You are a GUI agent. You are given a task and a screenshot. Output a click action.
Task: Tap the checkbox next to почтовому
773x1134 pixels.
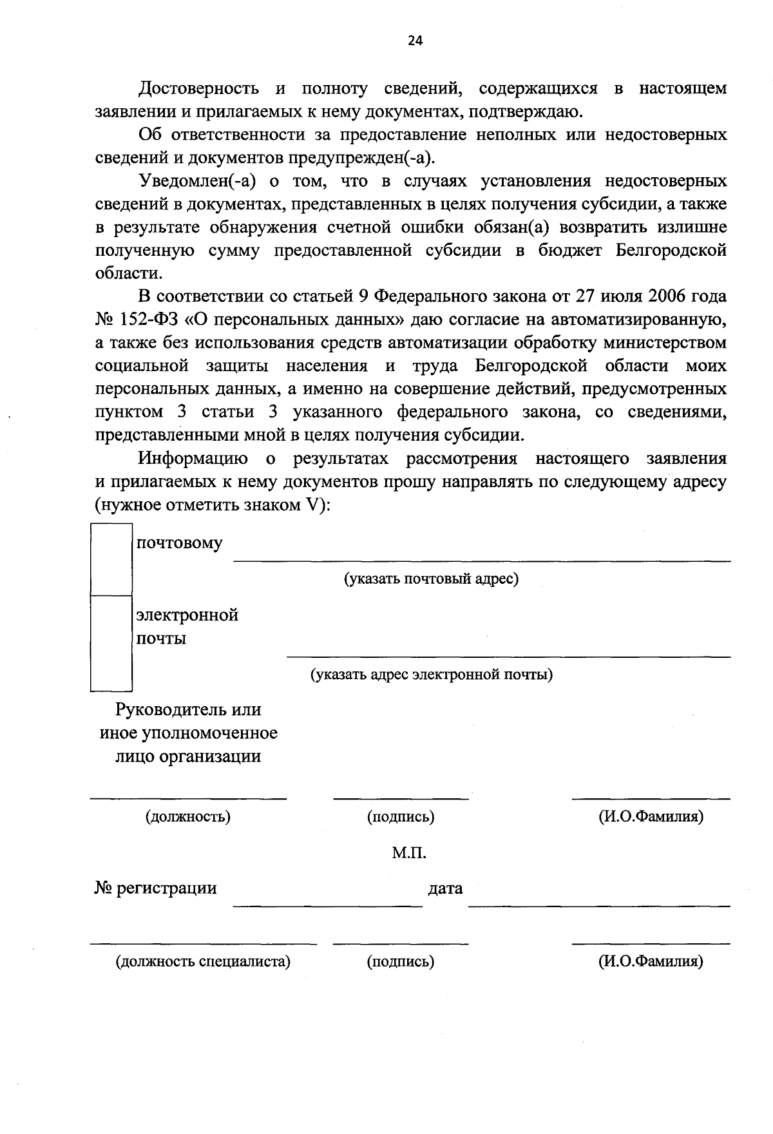(111, 559)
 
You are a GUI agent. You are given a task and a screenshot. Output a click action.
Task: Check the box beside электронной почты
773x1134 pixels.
(111, 642)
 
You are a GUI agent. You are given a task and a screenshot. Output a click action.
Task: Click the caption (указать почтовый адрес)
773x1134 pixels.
(431, 579)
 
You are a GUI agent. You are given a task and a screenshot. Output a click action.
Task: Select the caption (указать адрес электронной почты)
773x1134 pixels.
(431, 675)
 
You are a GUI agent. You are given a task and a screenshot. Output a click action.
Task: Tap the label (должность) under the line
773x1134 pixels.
(187, 817)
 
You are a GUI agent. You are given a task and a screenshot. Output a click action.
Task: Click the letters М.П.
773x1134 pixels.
(410, 853)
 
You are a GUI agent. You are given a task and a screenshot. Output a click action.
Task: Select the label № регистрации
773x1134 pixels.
(155, 888)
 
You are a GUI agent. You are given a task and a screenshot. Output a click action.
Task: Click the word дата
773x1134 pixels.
(445, 889)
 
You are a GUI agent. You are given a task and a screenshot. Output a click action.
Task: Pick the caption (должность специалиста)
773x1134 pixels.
(203, 962)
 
